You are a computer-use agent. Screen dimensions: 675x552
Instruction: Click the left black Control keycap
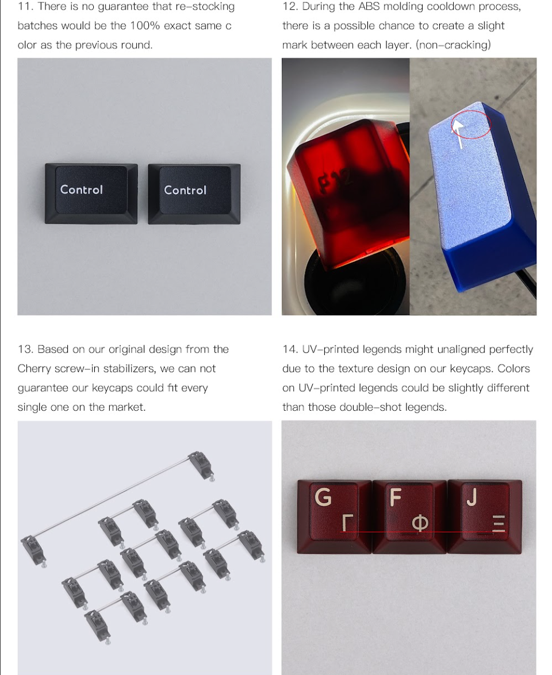[91, 194]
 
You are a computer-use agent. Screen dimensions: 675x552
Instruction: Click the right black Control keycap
[194, 194]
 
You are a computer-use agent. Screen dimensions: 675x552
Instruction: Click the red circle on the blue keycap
[471, 124]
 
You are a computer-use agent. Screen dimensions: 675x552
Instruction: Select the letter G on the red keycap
[324, 497]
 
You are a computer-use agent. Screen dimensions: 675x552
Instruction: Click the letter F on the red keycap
[394, 497]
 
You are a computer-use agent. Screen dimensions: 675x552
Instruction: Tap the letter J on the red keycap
[471, 497]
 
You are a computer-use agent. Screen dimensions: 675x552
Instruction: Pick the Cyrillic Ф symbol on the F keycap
[420, 524]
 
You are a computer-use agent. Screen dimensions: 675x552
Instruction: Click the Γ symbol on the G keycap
[346, 523]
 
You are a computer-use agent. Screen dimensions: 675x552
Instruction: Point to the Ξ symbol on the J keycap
[499, 524]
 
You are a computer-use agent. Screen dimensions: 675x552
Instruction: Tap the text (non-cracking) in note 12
[454, 45]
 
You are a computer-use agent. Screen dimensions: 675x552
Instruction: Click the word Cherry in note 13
[34, 369]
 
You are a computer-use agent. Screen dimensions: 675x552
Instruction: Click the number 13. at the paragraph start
[26, 349]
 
